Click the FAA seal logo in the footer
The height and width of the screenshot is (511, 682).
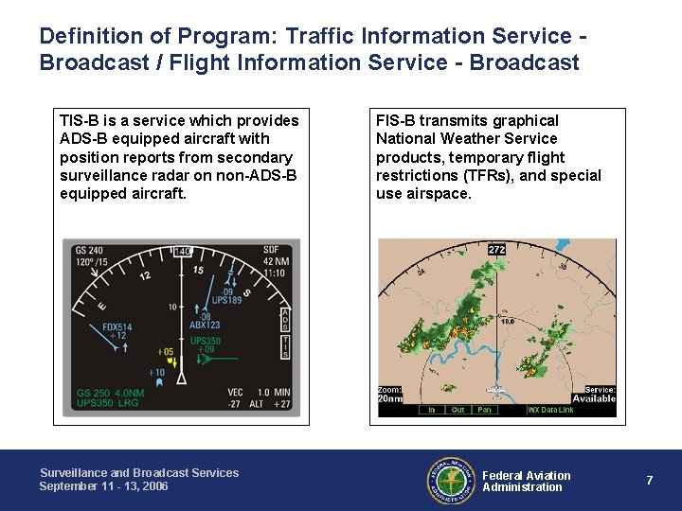[x=450, y=480]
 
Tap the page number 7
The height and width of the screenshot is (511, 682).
[x=650, y=481]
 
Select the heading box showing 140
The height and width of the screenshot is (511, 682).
[x=182, y=251]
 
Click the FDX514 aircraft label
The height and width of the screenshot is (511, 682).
[x=117, y=327]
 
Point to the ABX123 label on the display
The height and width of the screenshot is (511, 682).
[x=205, y=325]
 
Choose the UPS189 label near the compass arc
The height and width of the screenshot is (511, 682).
[x=227, y=300]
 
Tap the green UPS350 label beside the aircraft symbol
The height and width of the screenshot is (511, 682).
[x=206, y=342]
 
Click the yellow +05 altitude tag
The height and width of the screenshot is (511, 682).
[x=167, y=352]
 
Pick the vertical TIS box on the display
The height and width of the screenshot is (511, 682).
[x=285, y=346]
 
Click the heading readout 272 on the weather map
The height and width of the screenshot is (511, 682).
[x=497, y=250]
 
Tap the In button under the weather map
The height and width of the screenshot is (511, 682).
[x=432, y=410]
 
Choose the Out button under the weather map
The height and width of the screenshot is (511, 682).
[x=458, y=410]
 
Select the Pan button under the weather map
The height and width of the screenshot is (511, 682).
[x=485, y=410]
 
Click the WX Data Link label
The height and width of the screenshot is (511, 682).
[x=551, y=410]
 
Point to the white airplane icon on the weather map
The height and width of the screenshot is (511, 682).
[x=494, y=390]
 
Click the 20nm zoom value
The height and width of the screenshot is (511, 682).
[x=390, y=398]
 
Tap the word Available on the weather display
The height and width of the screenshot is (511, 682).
[x=594, y=398]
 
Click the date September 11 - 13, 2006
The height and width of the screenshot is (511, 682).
[x=103, y=486]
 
